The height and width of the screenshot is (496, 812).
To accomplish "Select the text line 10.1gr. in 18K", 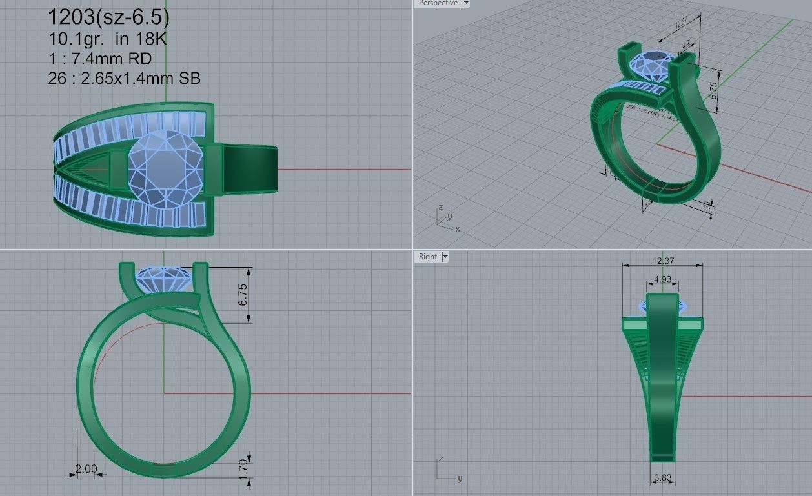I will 107,38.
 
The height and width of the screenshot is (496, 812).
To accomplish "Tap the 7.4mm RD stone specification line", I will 99,59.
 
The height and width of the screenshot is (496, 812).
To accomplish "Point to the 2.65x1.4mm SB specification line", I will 124,79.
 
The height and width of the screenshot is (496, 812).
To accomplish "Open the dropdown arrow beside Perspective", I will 466,3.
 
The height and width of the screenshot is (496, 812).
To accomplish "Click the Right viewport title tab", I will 427,257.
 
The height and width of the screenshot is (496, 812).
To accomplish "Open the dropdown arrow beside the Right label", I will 445,257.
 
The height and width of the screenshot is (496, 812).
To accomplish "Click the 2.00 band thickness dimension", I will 86,469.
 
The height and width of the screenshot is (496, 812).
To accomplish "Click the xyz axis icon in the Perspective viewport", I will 445,219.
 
